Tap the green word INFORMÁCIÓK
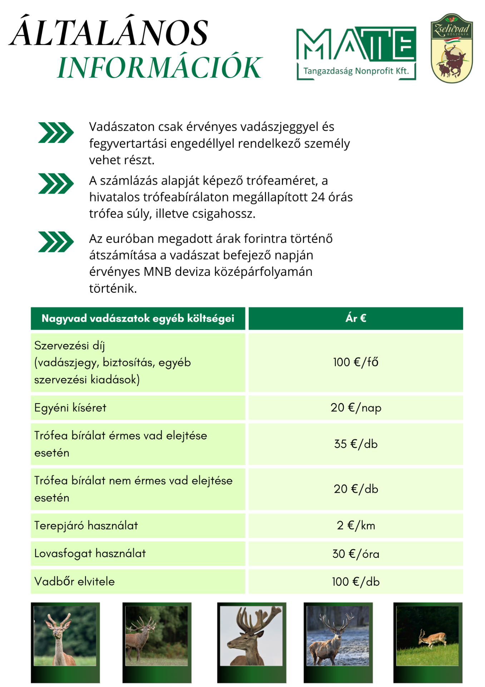160,67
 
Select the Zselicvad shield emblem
452,48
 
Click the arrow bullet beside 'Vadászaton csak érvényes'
56,132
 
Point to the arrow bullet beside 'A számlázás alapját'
56,184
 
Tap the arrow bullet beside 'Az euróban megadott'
56,242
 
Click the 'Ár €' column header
356,318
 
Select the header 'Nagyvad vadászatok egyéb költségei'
138,318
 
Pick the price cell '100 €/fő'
356,362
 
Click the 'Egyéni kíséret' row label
70,408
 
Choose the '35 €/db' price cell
356,444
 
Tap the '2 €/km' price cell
356,525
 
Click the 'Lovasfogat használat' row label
90,553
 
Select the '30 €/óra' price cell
356,554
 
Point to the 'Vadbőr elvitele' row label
75,581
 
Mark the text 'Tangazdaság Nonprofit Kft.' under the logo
356,71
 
